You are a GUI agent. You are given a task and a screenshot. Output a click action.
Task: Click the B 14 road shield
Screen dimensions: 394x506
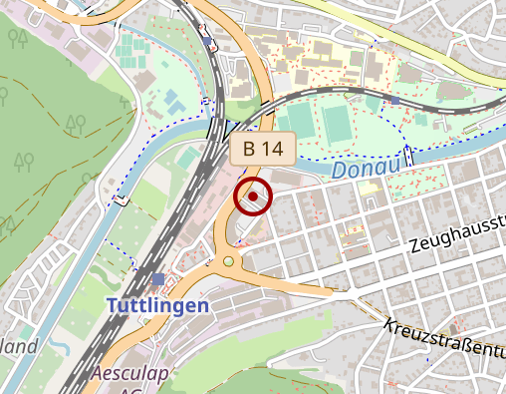pyautogui.click(x=263, y=150)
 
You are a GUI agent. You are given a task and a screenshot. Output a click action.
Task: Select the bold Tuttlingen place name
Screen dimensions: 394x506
pyautogui.click(x=159, y=304)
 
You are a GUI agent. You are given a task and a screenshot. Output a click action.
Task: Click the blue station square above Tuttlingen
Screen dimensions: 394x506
pyautogui.click(x=159, y=278)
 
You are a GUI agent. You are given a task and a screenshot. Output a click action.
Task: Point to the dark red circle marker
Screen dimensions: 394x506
pyautogui.click(x=253, y=197)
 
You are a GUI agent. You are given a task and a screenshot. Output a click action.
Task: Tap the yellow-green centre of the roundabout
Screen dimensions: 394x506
pyautogui.click(x=229, y=261)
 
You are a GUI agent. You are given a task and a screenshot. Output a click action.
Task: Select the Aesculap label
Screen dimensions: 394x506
pyautogui.click(x=127, y=374)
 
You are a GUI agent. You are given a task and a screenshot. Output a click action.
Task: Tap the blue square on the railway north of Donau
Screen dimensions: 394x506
pyautogui.click(x=395, y=100)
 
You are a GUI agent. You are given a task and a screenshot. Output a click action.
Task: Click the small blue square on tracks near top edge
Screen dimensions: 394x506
pyautogui.click(x=207, y=43)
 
